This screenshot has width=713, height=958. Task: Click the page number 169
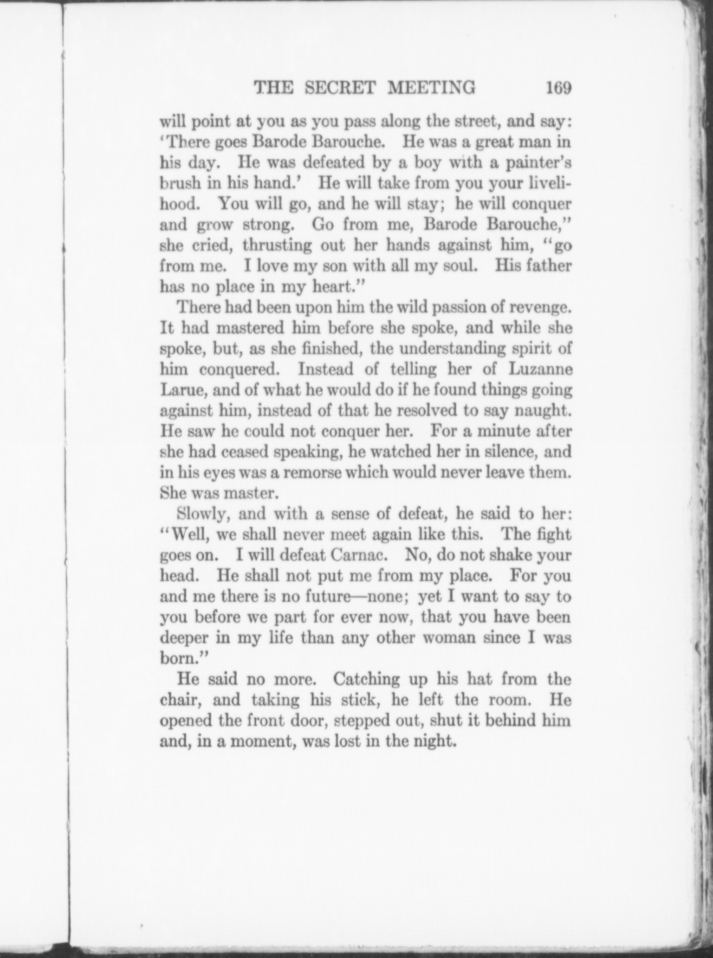point(558,87)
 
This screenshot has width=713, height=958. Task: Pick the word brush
point(179,183)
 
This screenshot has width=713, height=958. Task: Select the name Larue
point(183,390)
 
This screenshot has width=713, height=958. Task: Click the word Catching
point(367,679)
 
